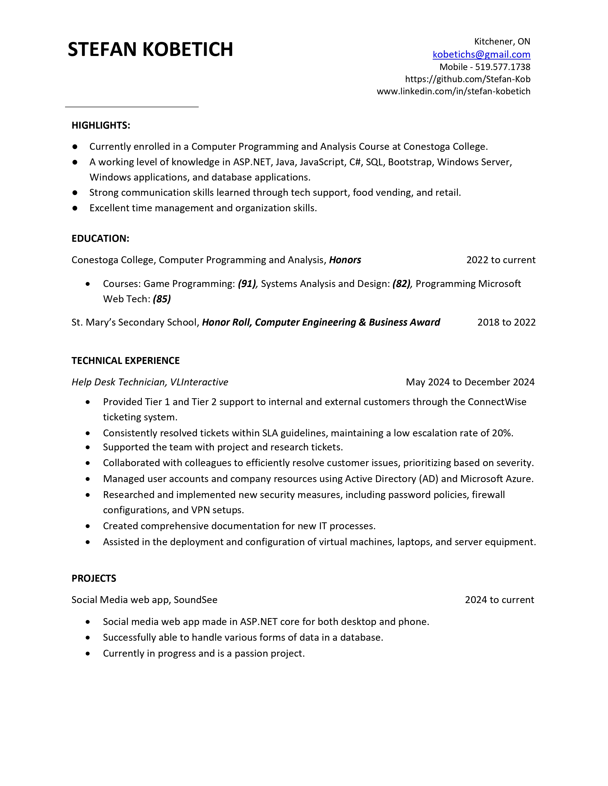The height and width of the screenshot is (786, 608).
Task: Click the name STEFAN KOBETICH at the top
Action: click(x=150, y=49)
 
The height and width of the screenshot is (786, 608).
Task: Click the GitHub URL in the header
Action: click(x=468, y=79)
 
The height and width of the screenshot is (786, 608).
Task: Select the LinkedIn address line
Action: click(x=453, y=91)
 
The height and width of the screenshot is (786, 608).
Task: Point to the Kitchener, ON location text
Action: click(x=502, y=42)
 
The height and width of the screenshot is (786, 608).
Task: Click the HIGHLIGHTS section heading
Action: click(x=101, y=125)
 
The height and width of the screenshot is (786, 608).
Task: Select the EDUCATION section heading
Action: click(x=100, y=239)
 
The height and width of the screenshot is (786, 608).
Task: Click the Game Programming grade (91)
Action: click(x=247, y=284)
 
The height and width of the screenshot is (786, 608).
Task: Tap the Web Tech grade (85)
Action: click(x=162, y=299)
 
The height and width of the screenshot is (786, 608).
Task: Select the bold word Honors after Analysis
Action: click(x=345, y=260)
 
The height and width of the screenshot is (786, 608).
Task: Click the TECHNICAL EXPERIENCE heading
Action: click(x=125, y=361)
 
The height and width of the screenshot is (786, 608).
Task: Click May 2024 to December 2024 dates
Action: click(x=470, y=382)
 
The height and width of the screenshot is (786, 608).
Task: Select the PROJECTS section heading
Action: click(x=94, y=578)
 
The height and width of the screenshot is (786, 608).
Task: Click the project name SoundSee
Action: click(x=196, y=600)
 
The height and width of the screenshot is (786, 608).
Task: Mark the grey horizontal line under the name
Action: click(x=132, y=107)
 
